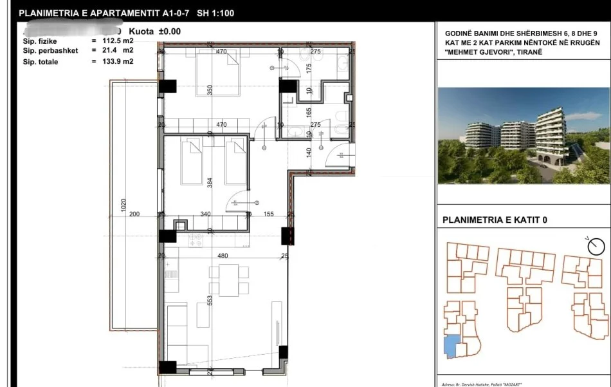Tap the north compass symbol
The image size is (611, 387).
pos(596,245)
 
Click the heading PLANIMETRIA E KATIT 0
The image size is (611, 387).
pos(495,220)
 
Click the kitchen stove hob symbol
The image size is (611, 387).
pos(195,240)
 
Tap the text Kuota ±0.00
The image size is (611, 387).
pos(155,31)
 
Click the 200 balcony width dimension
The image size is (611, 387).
pos(134,214)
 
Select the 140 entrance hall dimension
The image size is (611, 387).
pos(309,153)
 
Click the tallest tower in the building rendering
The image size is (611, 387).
pos(551,135)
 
